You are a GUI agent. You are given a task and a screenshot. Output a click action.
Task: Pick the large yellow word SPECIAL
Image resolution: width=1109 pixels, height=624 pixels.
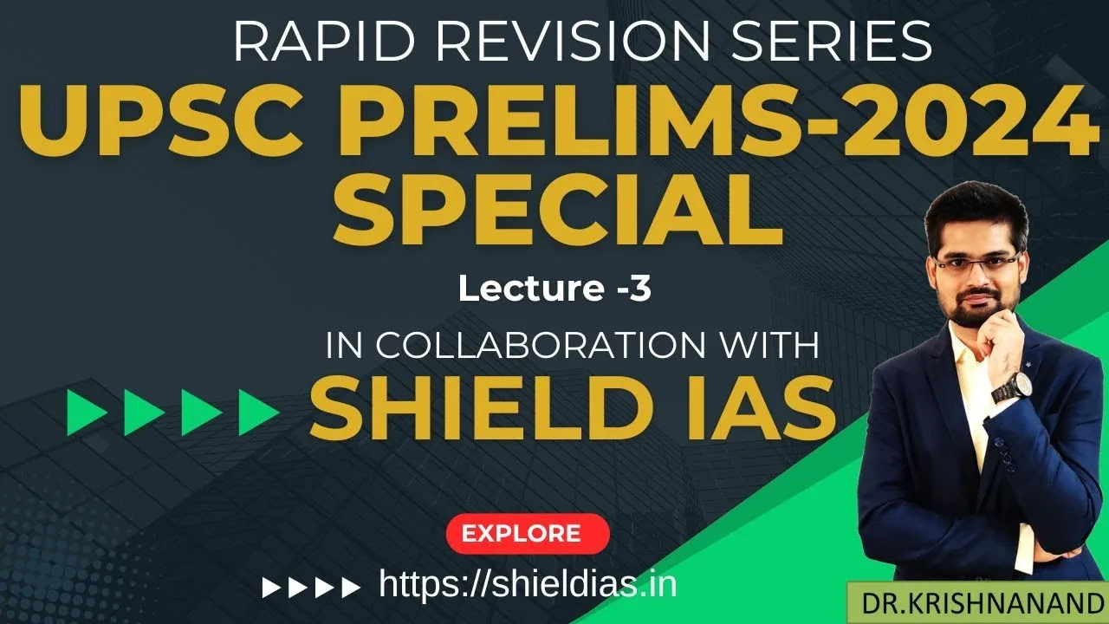(x=558, y=212)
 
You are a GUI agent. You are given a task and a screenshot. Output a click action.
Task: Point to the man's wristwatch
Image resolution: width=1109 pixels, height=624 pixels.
(x=1008, y=386)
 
